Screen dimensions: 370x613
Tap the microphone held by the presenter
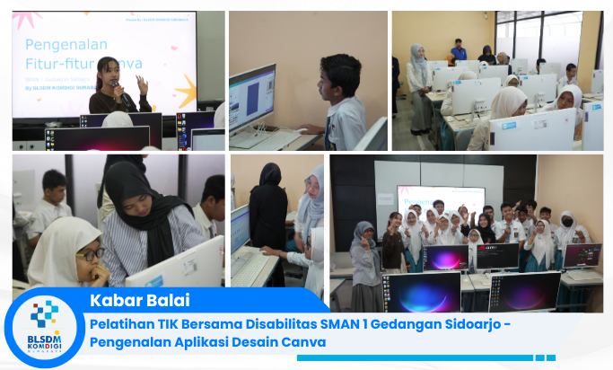click(x=116, y=87)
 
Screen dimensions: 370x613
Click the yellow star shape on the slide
click(x=185, y=91)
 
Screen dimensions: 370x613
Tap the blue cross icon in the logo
click(x=44, y=315)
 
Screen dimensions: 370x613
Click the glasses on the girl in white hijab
click(x=91, y=254)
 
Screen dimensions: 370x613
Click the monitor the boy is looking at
click(x=251, y=99)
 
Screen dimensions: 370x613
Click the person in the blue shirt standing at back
click(x=459, y=50)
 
